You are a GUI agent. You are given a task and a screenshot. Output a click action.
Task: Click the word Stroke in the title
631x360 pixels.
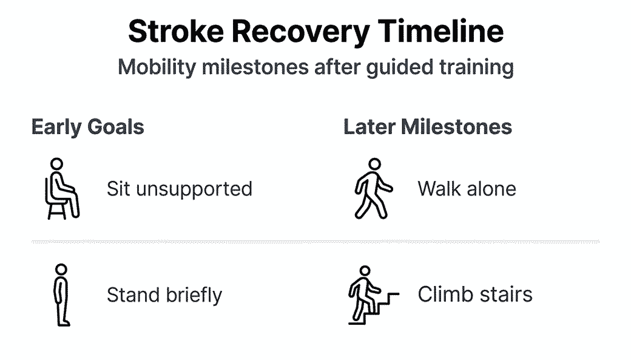tap(176, 32)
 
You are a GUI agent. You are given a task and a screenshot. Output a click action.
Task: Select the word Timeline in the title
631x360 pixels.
tap(440, 31)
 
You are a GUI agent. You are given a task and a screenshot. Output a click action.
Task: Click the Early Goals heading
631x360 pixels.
tap(88, 127)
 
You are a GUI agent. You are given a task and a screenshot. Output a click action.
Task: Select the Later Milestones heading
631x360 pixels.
tap(428, 127)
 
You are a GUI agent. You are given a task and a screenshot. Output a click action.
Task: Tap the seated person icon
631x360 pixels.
tap(61, 188)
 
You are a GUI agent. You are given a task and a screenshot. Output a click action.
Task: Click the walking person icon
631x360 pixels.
tap(374, 188)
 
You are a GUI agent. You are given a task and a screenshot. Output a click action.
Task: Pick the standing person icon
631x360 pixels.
tap(61, 295)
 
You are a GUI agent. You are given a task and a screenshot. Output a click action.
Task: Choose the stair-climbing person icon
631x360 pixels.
tap(374, 295)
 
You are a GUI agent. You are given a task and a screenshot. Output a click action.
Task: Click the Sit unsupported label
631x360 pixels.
tap(180, 189)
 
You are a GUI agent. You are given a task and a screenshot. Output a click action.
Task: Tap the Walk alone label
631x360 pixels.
tap(467, 188)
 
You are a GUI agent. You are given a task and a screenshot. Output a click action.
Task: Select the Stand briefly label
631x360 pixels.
tap(164, 295)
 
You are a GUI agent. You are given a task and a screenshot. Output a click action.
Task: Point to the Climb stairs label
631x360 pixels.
tap(475, 294)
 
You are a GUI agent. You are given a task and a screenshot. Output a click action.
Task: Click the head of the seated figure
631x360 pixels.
tap(57, 164)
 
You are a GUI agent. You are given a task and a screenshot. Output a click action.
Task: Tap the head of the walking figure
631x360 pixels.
tap(375, 164)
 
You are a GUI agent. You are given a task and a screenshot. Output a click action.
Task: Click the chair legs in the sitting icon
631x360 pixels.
tap(57, 211)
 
